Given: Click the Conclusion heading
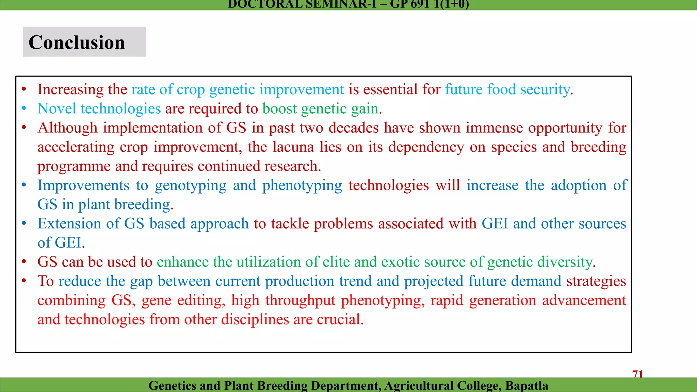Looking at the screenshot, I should coord(77,43).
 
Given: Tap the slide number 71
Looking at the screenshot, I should coord(637,374).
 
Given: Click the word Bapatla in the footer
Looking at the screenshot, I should coord(526,386).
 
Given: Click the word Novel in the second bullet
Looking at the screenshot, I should coord(57,109).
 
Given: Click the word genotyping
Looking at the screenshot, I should coord(191,186).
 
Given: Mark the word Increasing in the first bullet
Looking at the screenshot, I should coord(70,89).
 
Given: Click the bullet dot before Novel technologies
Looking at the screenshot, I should coord(24,109).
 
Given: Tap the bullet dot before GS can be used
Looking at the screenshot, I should coord(24,262).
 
